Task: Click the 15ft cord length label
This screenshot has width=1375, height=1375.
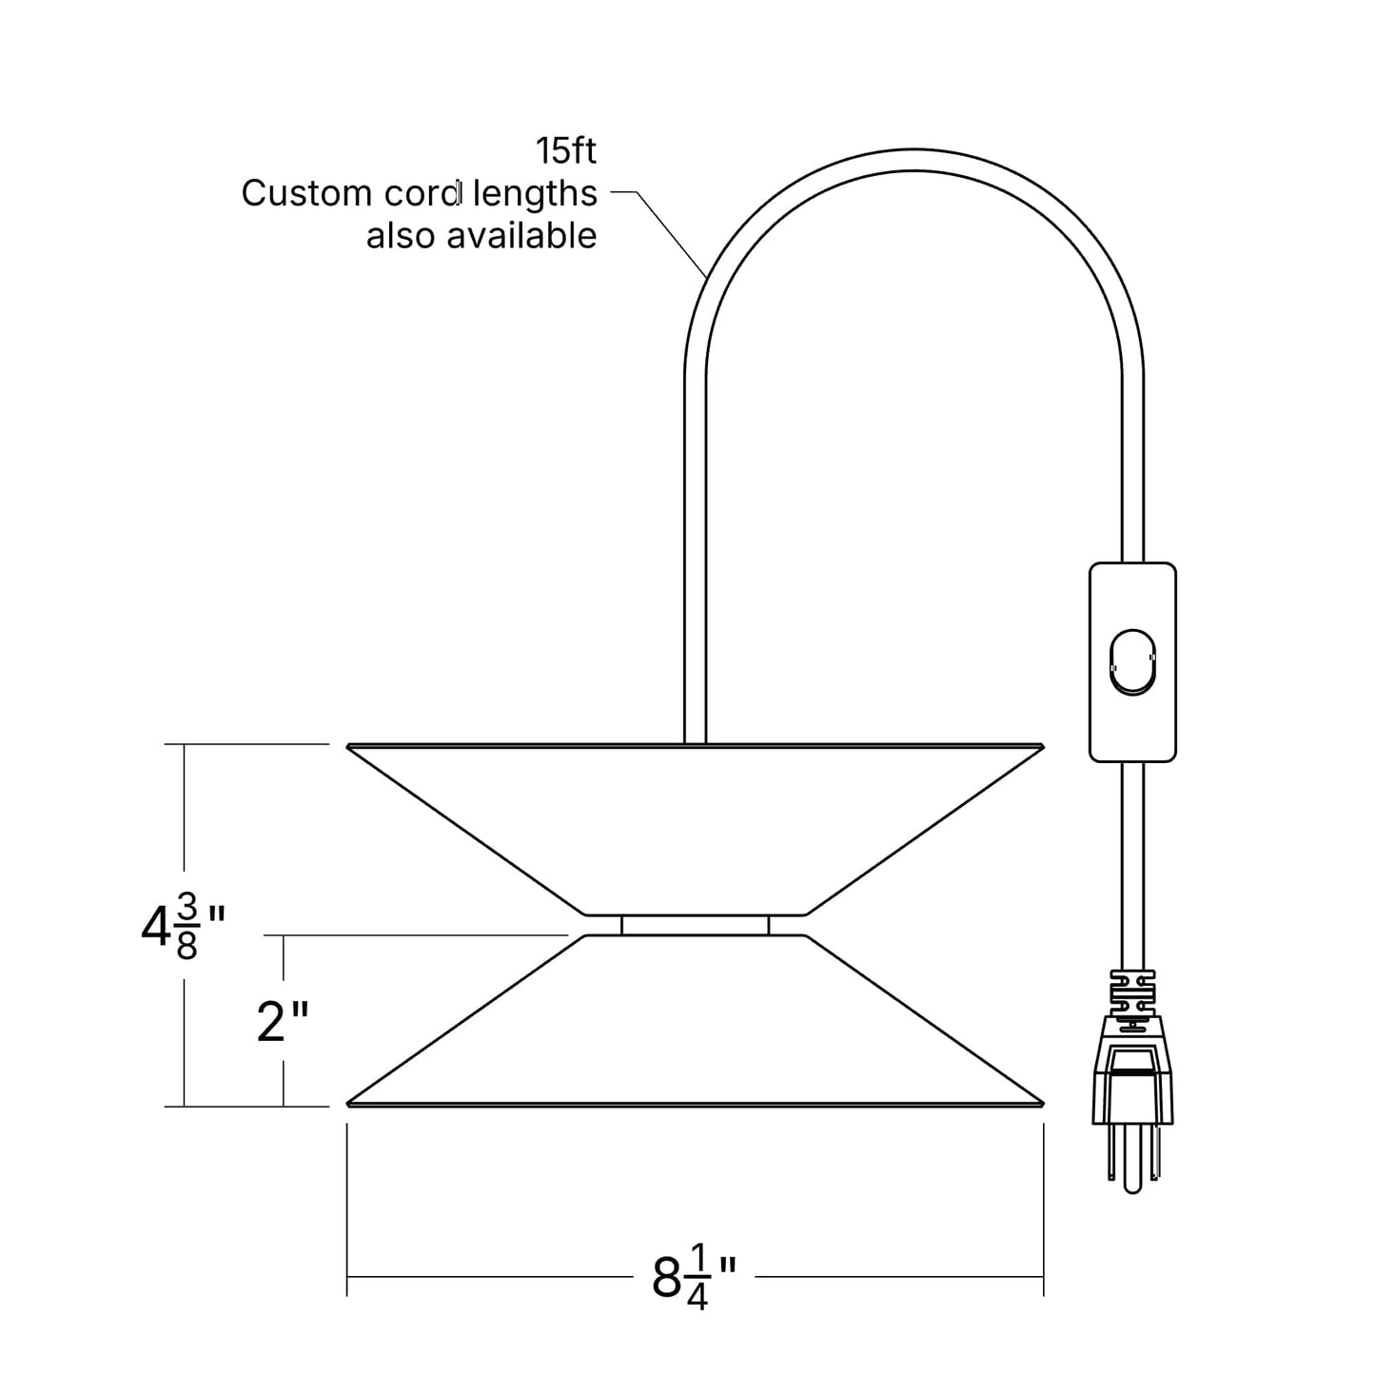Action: point(566,151)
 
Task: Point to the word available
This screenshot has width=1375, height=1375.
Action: point(521,235)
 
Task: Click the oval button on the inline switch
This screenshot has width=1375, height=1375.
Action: point(1132,662)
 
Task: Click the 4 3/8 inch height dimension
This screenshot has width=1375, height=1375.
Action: point(184,933)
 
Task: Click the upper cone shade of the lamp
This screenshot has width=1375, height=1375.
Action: point(695,829)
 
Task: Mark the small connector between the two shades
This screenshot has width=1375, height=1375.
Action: point(695,926)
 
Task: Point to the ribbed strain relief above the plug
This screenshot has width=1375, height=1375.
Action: point(1132,992)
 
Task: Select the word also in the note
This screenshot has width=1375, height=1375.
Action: point(402,235)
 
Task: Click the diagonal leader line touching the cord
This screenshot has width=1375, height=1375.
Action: point(671,233)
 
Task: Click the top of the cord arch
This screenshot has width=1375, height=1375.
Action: point(914,160)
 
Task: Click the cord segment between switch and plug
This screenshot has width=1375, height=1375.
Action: point(1132,866)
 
